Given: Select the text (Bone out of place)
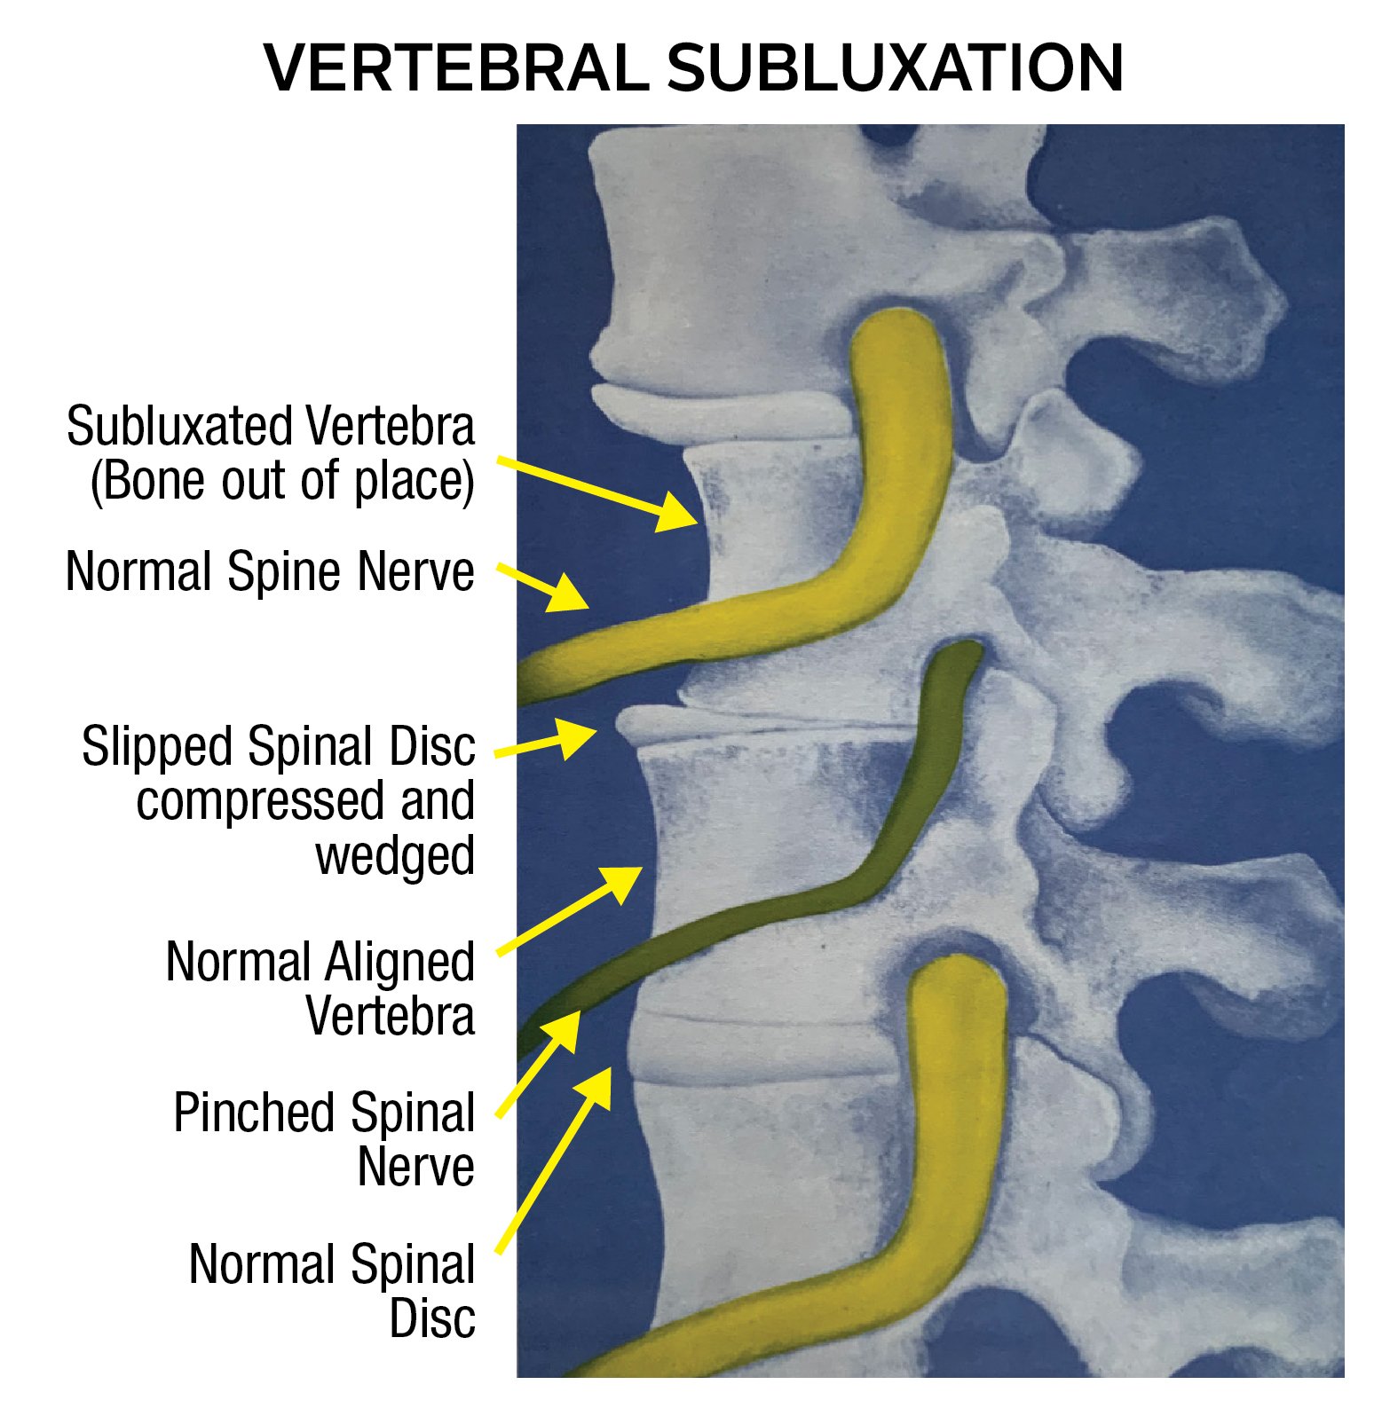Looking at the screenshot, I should pyautogui.click(x=282, y=482).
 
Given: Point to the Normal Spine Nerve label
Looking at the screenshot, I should pyautogui.click(x=271, y=571).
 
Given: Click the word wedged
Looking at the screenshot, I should pyautogui.click(x=395, y=856).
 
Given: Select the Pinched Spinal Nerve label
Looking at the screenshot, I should pyautogui.click(x=325, y=1139).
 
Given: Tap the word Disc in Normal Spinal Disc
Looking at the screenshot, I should pyautogui.click(x=432, y=1318).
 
